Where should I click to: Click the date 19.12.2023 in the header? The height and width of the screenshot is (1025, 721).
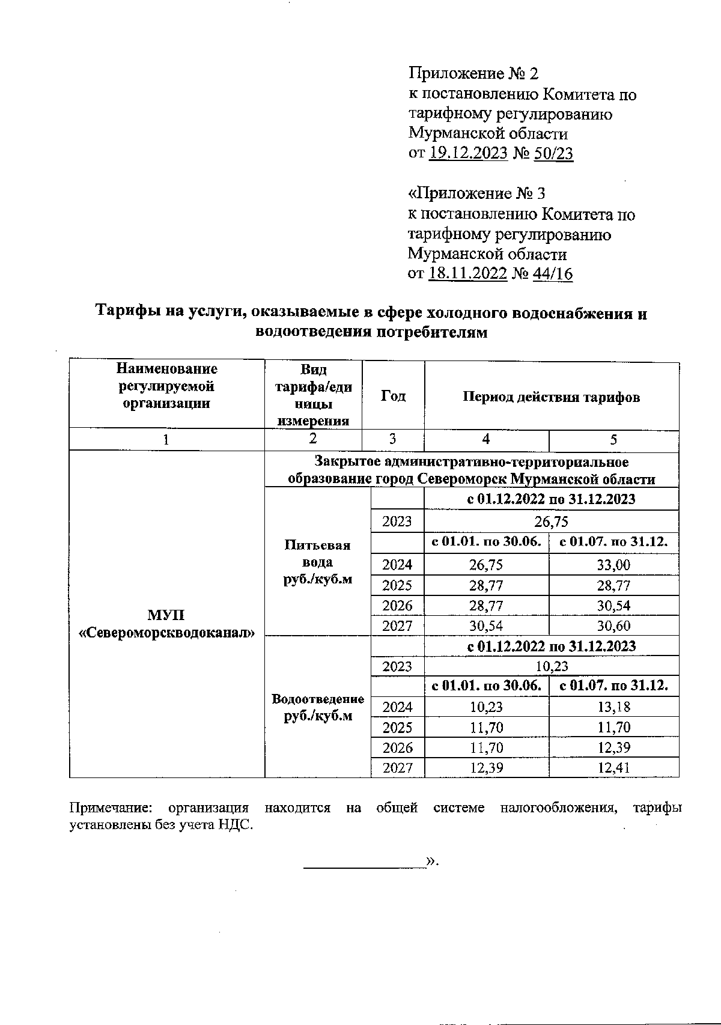click(x=469, y=153)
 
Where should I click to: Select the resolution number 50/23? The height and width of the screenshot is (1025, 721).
click(x=553, y=153)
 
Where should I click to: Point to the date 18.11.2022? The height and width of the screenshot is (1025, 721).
click(x=469, y=274)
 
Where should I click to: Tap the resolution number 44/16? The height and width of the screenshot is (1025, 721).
click(x=552, y=274)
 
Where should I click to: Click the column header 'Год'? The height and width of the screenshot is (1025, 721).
click(x=393, y=396)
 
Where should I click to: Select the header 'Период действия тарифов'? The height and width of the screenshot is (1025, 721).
click(x=551, y=397)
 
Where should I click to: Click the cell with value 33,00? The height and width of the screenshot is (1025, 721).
click(x=613, y=565)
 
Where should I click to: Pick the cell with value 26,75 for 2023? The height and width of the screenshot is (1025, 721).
click(x=551, y=521)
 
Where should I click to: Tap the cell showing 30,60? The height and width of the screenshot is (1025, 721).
click(x=613, y=626)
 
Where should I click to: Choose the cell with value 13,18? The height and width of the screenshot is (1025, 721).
click(x=613, y=707)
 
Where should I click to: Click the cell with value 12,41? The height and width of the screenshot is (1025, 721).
click(x=613, y=768)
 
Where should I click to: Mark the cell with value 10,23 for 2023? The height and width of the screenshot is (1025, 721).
click(x=551, y=666)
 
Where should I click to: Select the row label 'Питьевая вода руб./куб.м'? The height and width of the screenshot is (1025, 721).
click(x=317, y=562)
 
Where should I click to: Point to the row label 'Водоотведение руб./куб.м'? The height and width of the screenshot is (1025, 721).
click(x=317, y=707)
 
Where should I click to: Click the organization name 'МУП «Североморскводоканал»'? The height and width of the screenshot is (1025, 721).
click(x=167, y=624)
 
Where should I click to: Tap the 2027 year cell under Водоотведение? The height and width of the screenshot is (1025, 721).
click(x=397, y=768)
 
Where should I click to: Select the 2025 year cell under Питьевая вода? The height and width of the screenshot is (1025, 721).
click(x=397, y=585)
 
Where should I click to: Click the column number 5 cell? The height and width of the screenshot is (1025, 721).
click(x=613, y=440)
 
